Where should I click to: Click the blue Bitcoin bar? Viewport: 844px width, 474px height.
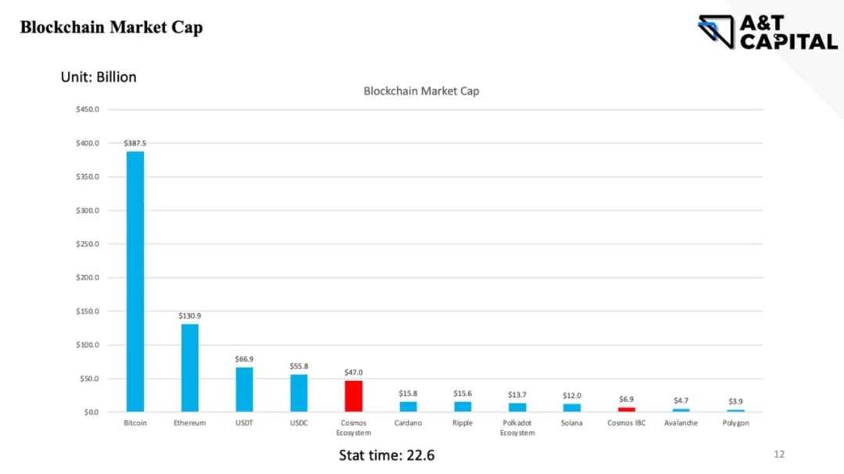tap(135, 281)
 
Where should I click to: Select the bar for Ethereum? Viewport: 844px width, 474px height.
tap(190, 368)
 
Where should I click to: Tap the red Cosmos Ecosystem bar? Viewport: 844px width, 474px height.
tap(353, 396)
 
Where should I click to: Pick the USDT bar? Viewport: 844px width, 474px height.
tap(245, 389)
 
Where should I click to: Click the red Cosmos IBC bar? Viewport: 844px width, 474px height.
tap(626, 409)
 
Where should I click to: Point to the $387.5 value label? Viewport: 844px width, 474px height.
tap(135, 143)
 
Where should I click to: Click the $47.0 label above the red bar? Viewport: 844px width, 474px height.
tap(353, 372)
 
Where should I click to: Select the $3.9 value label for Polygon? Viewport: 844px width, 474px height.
tap(735, 401)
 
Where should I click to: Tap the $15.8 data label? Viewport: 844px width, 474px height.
tap(408, 394)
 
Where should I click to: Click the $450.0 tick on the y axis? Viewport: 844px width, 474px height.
tap(87, 109)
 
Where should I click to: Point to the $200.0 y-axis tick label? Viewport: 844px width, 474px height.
tap(87, 277)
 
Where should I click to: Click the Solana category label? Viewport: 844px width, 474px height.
tap(571, 423)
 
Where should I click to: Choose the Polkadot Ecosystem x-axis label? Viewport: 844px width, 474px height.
tap(517, 428)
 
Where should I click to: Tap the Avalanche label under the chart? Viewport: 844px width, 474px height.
tap(681, 423)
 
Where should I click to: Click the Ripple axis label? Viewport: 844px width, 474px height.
tap(463, 423)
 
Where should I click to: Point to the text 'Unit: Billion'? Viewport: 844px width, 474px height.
tap(98, 77)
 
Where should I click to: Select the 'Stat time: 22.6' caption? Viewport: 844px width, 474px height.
tap(386, 454)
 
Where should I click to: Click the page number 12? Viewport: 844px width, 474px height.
tap(778, 454)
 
